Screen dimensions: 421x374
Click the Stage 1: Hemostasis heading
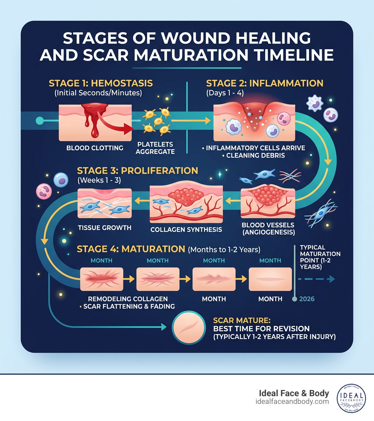pyautogui.click(x=100, y=83)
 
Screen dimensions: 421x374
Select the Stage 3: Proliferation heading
pyautogui.click(x=137, y=171)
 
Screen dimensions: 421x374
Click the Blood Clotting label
pyautogui.click(x=95, y=148)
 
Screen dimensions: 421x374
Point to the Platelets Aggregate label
pyautogui.click(x=155, y=148)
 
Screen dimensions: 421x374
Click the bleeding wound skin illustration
pyautogui.click(x=95, y=122)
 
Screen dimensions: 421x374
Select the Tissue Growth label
pyautogui.click(x=104, y=228)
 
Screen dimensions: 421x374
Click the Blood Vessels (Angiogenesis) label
pyautogui.click(x=268, y=229)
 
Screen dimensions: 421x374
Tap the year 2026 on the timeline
pyautogui.click(x=307, y=299)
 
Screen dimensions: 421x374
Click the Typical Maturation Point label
pyautogui.click(x=320, y=257)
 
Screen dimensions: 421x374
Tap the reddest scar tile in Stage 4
pyautogui.click(x=101, y=279)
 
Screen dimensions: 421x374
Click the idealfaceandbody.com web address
pyautogui.click(x=293, y=402)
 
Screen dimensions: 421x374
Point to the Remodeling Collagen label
pyautogui.click(x=125, y=298)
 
